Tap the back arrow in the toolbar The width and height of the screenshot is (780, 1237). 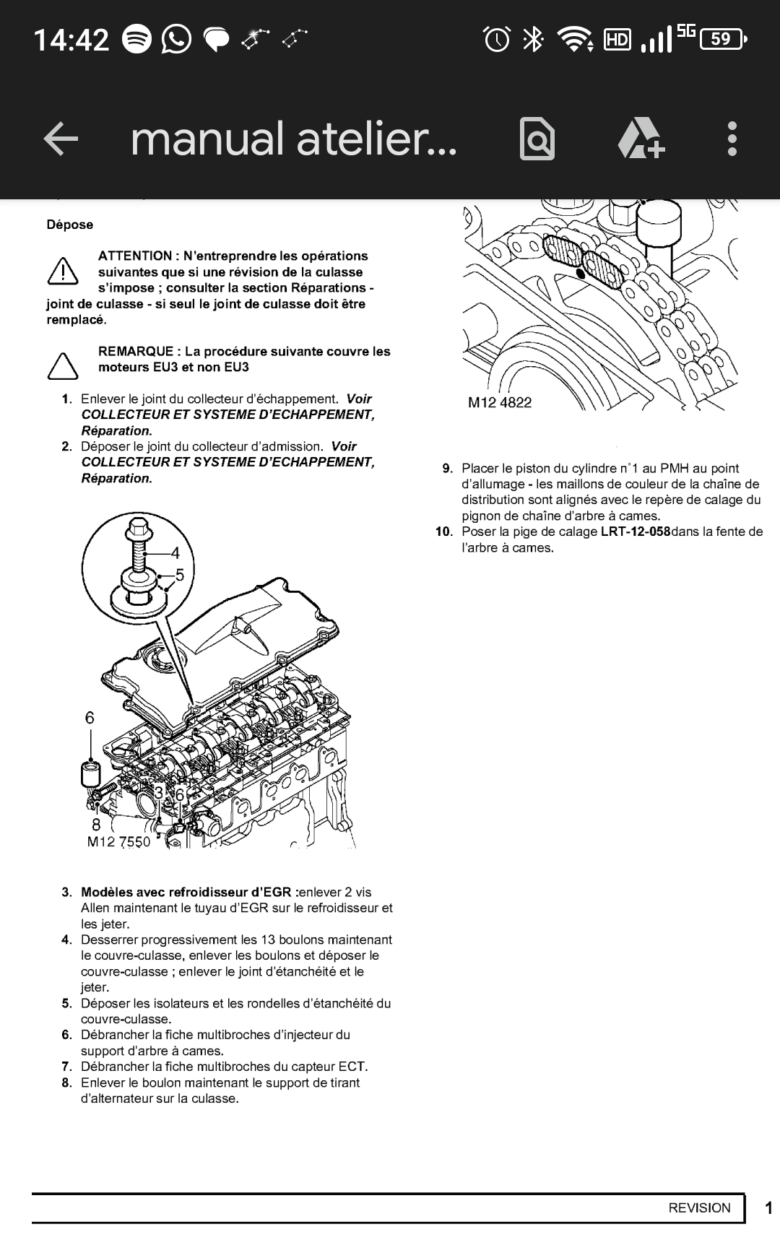coord(61,139)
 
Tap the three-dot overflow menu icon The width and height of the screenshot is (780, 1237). coord(732,139)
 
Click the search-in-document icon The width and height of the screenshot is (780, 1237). coord(537,139)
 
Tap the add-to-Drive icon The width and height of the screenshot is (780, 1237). coord(641,139)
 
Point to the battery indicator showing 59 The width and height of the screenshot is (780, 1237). coord(724,39)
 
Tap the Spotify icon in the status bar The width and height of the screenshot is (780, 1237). coord(136,39)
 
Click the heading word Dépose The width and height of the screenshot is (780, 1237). coord(70,225)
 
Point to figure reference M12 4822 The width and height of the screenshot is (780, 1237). coord(500,403)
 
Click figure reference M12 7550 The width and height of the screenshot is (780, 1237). coord(118,842)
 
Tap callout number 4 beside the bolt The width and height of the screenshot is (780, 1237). coord(175,554)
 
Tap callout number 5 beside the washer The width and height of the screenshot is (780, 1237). coord(179,575)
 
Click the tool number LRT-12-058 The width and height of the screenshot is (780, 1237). coord(635,532)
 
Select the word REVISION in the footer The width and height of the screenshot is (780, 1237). coord(699,1207)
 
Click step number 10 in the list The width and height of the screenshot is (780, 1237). coord(443,532)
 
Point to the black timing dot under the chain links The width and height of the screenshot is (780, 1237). coord(581,274)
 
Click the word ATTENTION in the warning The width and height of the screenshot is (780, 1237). coord(135,256)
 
